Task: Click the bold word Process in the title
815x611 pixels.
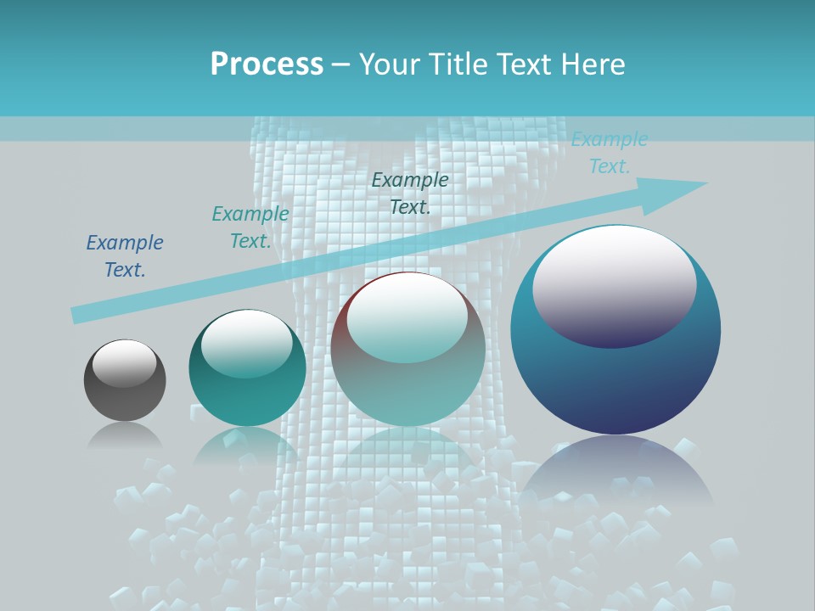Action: coord(267,64)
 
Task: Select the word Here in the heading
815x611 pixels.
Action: coord(593,64)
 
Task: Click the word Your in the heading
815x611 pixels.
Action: coord(390,64)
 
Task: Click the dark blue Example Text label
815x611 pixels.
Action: coord(125,256)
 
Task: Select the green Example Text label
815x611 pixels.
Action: coord(250,227)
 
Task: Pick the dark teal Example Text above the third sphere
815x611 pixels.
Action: coord(410,193)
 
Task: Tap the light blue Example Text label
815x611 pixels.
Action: coord(610,153)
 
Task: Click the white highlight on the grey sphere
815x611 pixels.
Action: coord(124,362)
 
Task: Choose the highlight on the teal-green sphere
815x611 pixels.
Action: coord(247,343)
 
